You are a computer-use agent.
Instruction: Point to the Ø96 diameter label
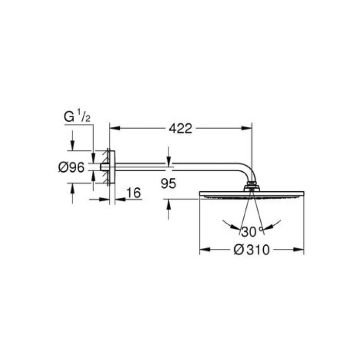pos(71,167)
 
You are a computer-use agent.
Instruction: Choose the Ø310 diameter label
pos(251,250)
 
